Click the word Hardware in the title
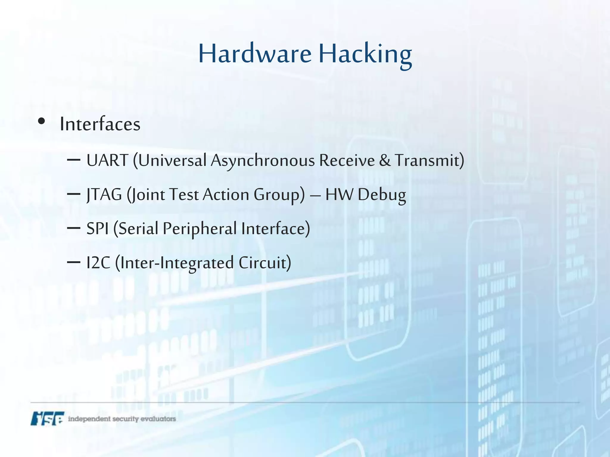coord(255,54)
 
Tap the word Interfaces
coord(100,124)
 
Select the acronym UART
coord(107,160)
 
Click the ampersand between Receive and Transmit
coord(385,160)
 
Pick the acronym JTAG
coord(104,195)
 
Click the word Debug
coord(382,195)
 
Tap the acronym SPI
coord(97,229)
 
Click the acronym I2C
coord(98,263)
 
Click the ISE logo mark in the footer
coord(47,418)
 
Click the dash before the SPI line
coord(74,228)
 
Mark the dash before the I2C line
coord(74,262)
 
